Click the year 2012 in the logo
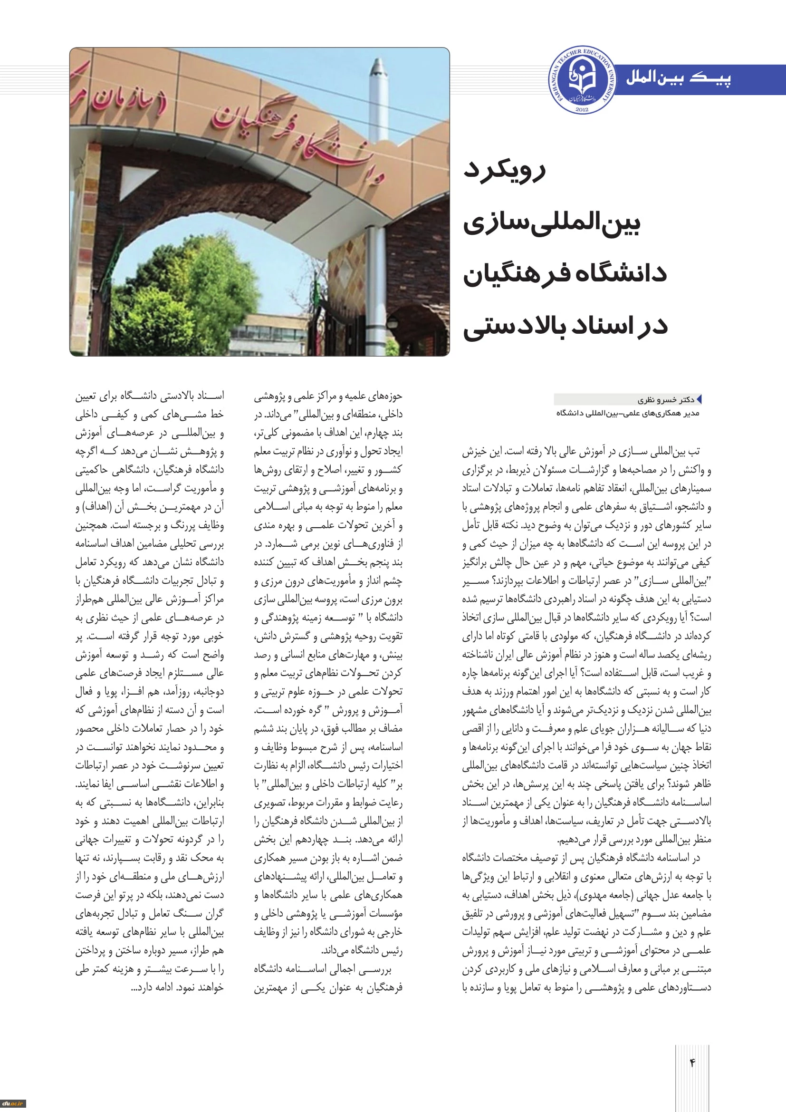tap(582, 109)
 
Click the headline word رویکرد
tap(504, 171)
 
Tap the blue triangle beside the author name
tap(699, 399)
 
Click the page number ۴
tap(692, 1063)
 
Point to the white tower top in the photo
tap(377, 73)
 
